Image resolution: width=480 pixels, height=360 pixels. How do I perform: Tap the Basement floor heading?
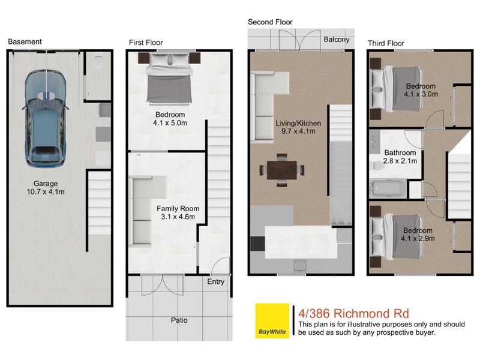tap(25, 42)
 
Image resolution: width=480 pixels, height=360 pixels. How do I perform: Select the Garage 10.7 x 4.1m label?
tap(45, 188)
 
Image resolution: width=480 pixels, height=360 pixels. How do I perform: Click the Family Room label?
tap(178, 212)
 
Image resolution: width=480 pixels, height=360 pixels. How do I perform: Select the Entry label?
tap(215, 281)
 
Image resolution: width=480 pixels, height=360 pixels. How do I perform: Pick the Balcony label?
tap(337, 39)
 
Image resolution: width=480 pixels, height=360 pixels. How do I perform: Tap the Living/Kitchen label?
tap(298, 127)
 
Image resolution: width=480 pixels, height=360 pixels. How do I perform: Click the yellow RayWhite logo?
tap(272, 320)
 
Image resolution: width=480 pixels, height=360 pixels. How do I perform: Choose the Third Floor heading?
tap(386, 43)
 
